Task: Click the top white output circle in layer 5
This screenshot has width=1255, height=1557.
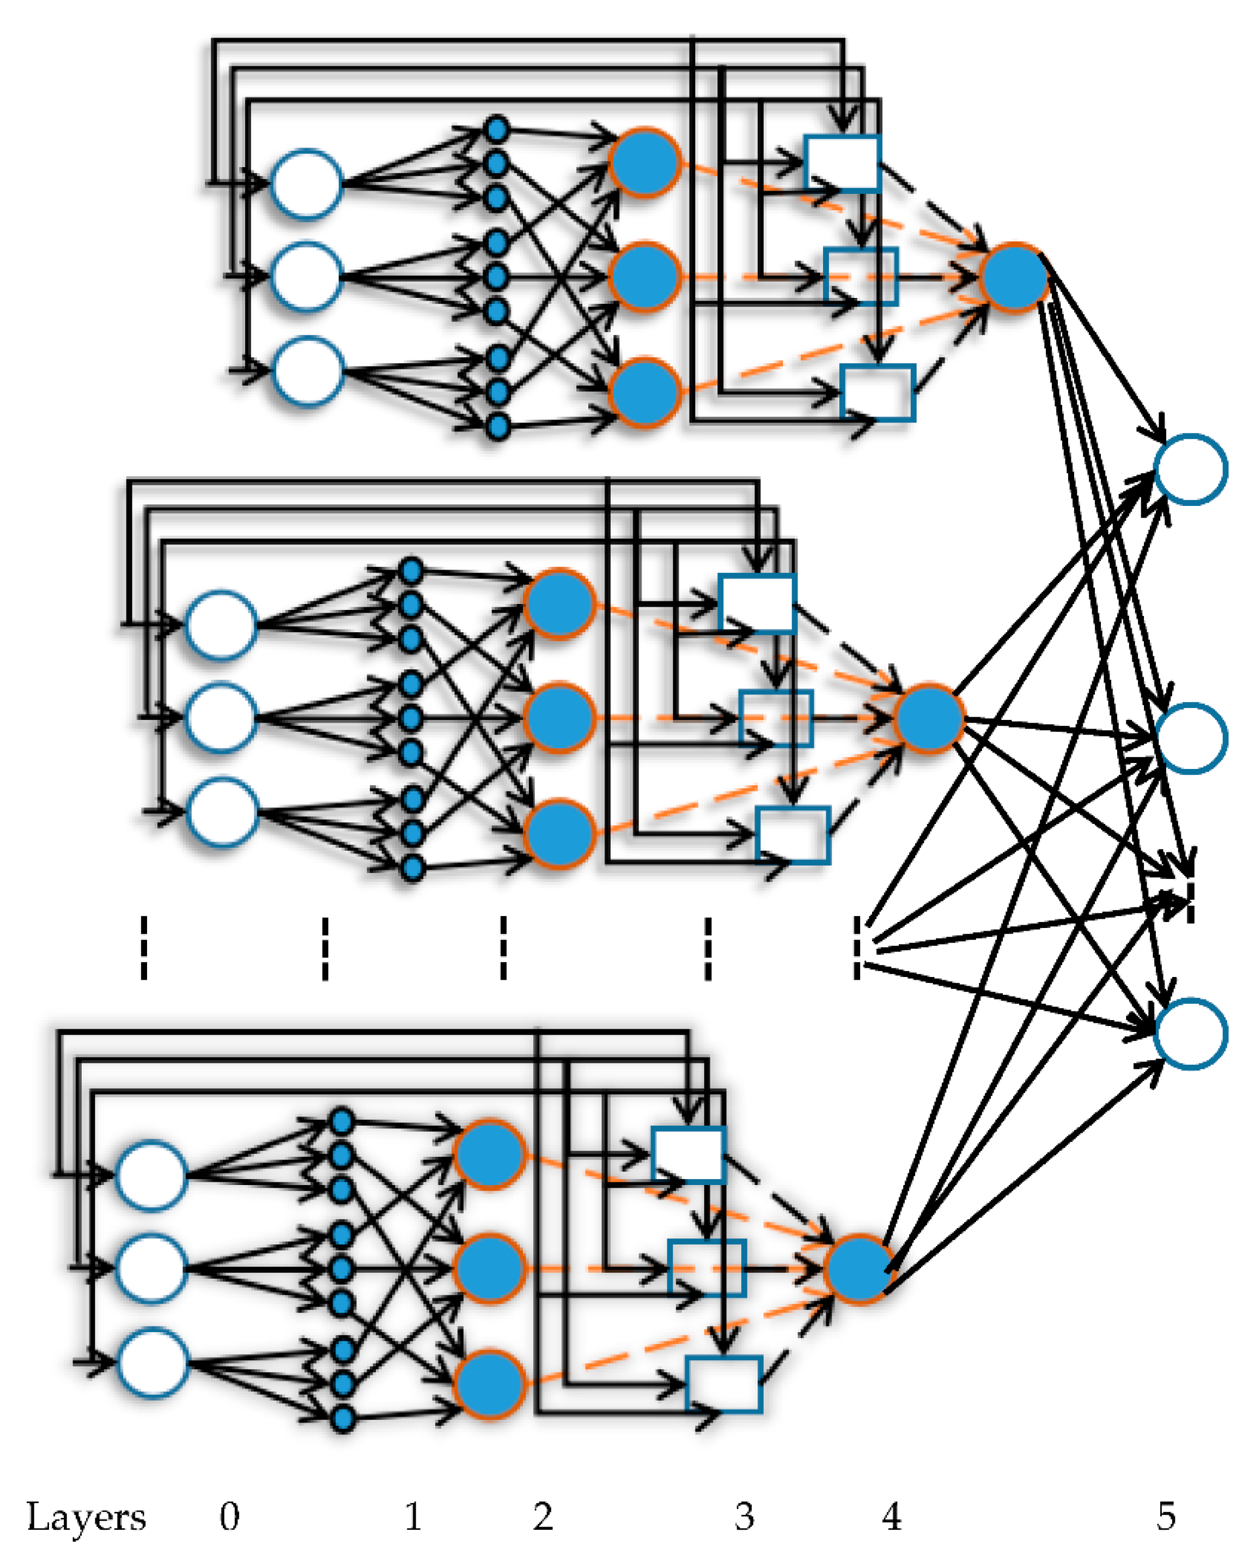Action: click(x=1190, y=469)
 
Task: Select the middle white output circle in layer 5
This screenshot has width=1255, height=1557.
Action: click(x=1190, y=738)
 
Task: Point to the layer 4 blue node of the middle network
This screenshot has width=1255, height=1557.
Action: click(x=929, y=718)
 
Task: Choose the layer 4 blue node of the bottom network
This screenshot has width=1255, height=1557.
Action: click(x=859, y=1268)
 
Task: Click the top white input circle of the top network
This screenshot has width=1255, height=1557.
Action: click(x=306, y=184)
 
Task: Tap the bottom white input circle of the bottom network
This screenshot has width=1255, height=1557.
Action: click(x=152, y=1362)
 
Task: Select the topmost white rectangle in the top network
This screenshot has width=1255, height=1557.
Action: click(x=842, y=163)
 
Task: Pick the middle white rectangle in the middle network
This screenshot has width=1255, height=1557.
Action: click(x=776, y=718)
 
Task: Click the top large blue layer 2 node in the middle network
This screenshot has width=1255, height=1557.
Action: click(x=559, y=603)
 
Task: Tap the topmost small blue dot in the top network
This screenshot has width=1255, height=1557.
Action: click(x=496, y=130)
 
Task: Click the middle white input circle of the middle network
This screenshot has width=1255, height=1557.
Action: click(x=221, y=718)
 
